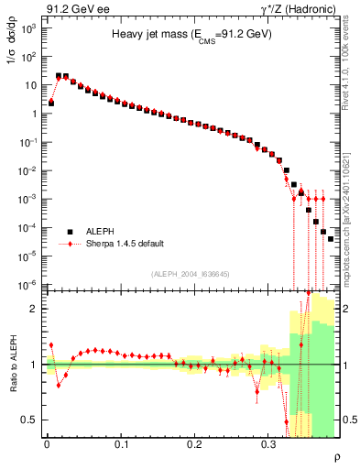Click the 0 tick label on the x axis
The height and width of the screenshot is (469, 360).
pyautogui.click(x=47, y=442)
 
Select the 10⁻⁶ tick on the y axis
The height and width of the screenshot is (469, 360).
pyautogui.click(x=29, y=284)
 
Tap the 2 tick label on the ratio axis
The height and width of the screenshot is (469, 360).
pyautogui.click(x=35, y=309)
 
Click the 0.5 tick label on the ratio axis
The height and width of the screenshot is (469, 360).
pyautogui.click(x=31, y=420)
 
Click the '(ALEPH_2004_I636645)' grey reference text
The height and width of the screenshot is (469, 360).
pyautogui.click(x=191, y=274)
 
